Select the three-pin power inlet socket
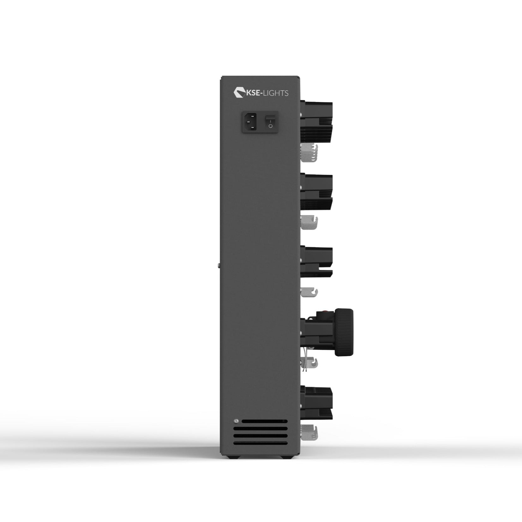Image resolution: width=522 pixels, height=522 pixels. pyautogui.click(x=249, y=122)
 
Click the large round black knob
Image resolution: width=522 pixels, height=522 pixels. pyautogui.click(x=344, y=333)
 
